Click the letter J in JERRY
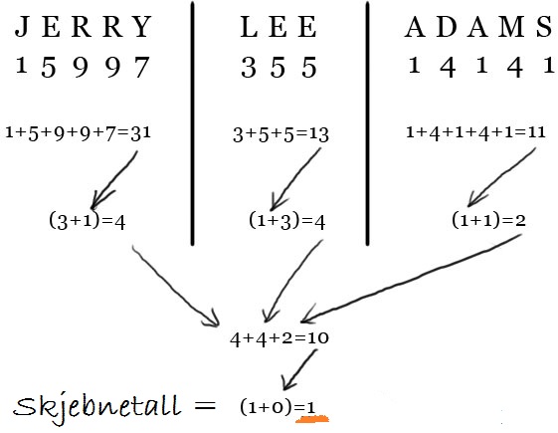coord(21,26)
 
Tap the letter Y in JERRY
coord(142,26)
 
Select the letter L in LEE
coord(249,27)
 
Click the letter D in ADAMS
coord(447,27)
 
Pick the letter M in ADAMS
coord(511,27)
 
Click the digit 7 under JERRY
coord(142,67)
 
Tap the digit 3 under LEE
coord(249,68)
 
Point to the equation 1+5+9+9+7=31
coord(79,133)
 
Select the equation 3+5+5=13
coord(280,134)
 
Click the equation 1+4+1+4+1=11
coord(475,132)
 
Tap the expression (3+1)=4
coord(88,221)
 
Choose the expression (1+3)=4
coord(287,221)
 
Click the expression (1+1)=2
coord(488,220)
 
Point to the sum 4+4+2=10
coord(279,338)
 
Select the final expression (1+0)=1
coord(279,407)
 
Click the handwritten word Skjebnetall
coord(96,407)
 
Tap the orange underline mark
coord(312,419)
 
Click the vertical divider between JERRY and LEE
coord(193,123)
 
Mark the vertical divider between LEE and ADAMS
coord(367,123)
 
